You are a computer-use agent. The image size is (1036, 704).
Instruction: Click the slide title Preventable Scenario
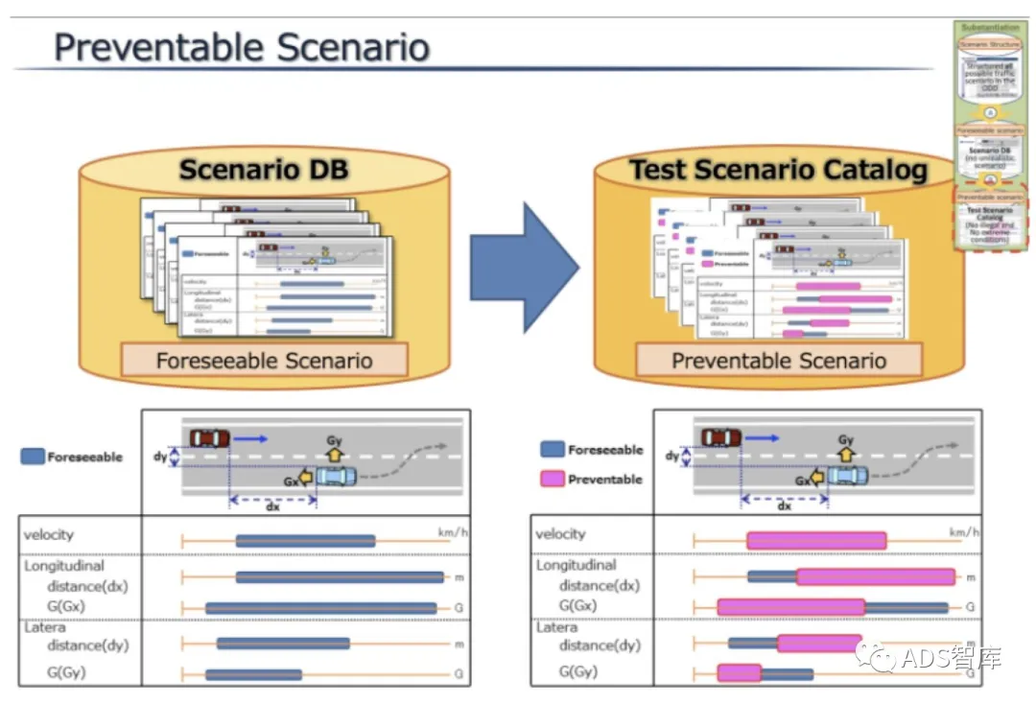pyautogui.click(x=241, y=46)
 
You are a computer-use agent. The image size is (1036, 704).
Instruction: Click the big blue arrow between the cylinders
pyautogui.click(x=524, y=268)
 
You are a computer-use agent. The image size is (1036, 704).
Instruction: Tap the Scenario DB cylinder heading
pyautogui.click(x=264, y=171)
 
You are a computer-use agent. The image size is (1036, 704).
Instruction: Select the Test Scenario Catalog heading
pyautogui.click(x=778, y=171)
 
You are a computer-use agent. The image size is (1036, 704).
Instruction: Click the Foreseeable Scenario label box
pyautogui.click(x=264, y=361)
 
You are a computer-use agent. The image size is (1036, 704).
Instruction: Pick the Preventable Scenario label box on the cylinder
pyautogui.click(x=779, y=361)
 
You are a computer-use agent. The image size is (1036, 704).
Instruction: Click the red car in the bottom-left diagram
pyautogui.click(x=210, y=438)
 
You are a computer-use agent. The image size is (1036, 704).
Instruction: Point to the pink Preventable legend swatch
pyautogui.click(x=552, y=479)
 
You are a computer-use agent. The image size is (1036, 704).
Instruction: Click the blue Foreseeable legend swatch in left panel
pyautogui.click(x=33, y=458)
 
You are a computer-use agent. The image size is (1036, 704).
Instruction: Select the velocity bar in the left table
pyautogui.click(x=305, y=541)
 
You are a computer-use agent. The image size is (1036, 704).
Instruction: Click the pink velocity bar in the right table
pyautogui.click(x=816, y=541)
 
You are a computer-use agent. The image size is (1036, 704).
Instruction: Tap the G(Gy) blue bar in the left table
pyautogui.click(x=253, y=675)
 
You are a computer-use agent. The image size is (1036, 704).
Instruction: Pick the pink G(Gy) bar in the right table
pyautogui.click(x=739, y=672)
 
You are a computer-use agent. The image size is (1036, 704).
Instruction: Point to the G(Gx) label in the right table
pyautogui.click(x=577, y=605)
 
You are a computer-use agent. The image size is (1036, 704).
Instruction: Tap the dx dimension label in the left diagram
pyautogui.click(x=272, y=506)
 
